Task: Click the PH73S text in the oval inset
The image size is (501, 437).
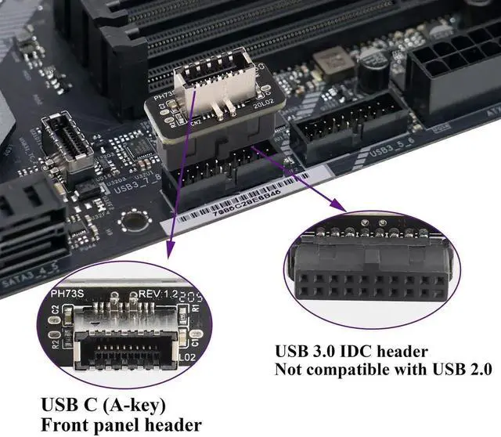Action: [67, 294]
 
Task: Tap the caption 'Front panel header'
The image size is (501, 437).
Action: [121, 425]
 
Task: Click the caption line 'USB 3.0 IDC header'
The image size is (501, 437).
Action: [351, 351]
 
